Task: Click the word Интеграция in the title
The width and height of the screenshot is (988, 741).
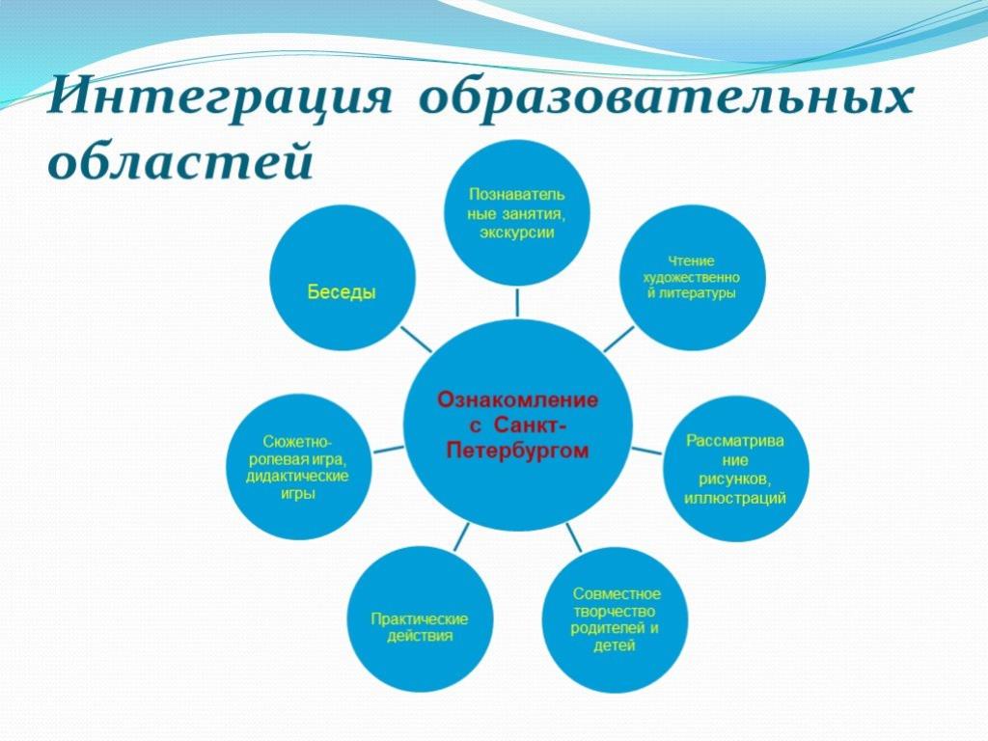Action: coord(219,97)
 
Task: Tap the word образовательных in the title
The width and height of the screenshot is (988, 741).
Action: coord(666,97)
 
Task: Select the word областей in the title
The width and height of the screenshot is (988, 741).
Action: coord(180,158)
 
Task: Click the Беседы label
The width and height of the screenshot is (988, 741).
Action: coord(343,291)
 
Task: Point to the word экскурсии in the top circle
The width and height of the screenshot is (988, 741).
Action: coord(517,233)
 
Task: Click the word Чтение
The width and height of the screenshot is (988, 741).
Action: coord(691,261)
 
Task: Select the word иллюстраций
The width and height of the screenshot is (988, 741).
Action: coord(734,498)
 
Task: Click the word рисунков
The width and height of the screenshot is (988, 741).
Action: coord(734,479)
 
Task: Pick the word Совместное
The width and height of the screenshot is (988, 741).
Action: coord(617,593)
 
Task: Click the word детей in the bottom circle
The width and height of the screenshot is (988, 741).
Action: coord(615,645)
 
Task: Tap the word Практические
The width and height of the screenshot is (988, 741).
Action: coord(419,618)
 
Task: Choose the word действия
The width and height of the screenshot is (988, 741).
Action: coord(420,635)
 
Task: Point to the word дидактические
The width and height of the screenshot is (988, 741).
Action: coord(297,476)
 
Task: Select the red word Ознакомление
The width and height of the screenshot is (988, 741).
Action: coord(518,400)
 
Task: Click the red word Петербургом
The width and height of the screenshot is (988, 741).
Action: coord(518,452)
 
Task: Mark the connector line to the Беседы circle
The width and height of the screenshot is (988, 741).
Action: coord(417,340)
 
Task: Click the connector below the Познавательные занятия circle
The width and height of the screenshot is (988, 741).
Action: coord(517,302)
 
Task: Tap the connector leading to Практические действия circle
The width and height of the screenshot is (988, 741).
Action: coord(462,536)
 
